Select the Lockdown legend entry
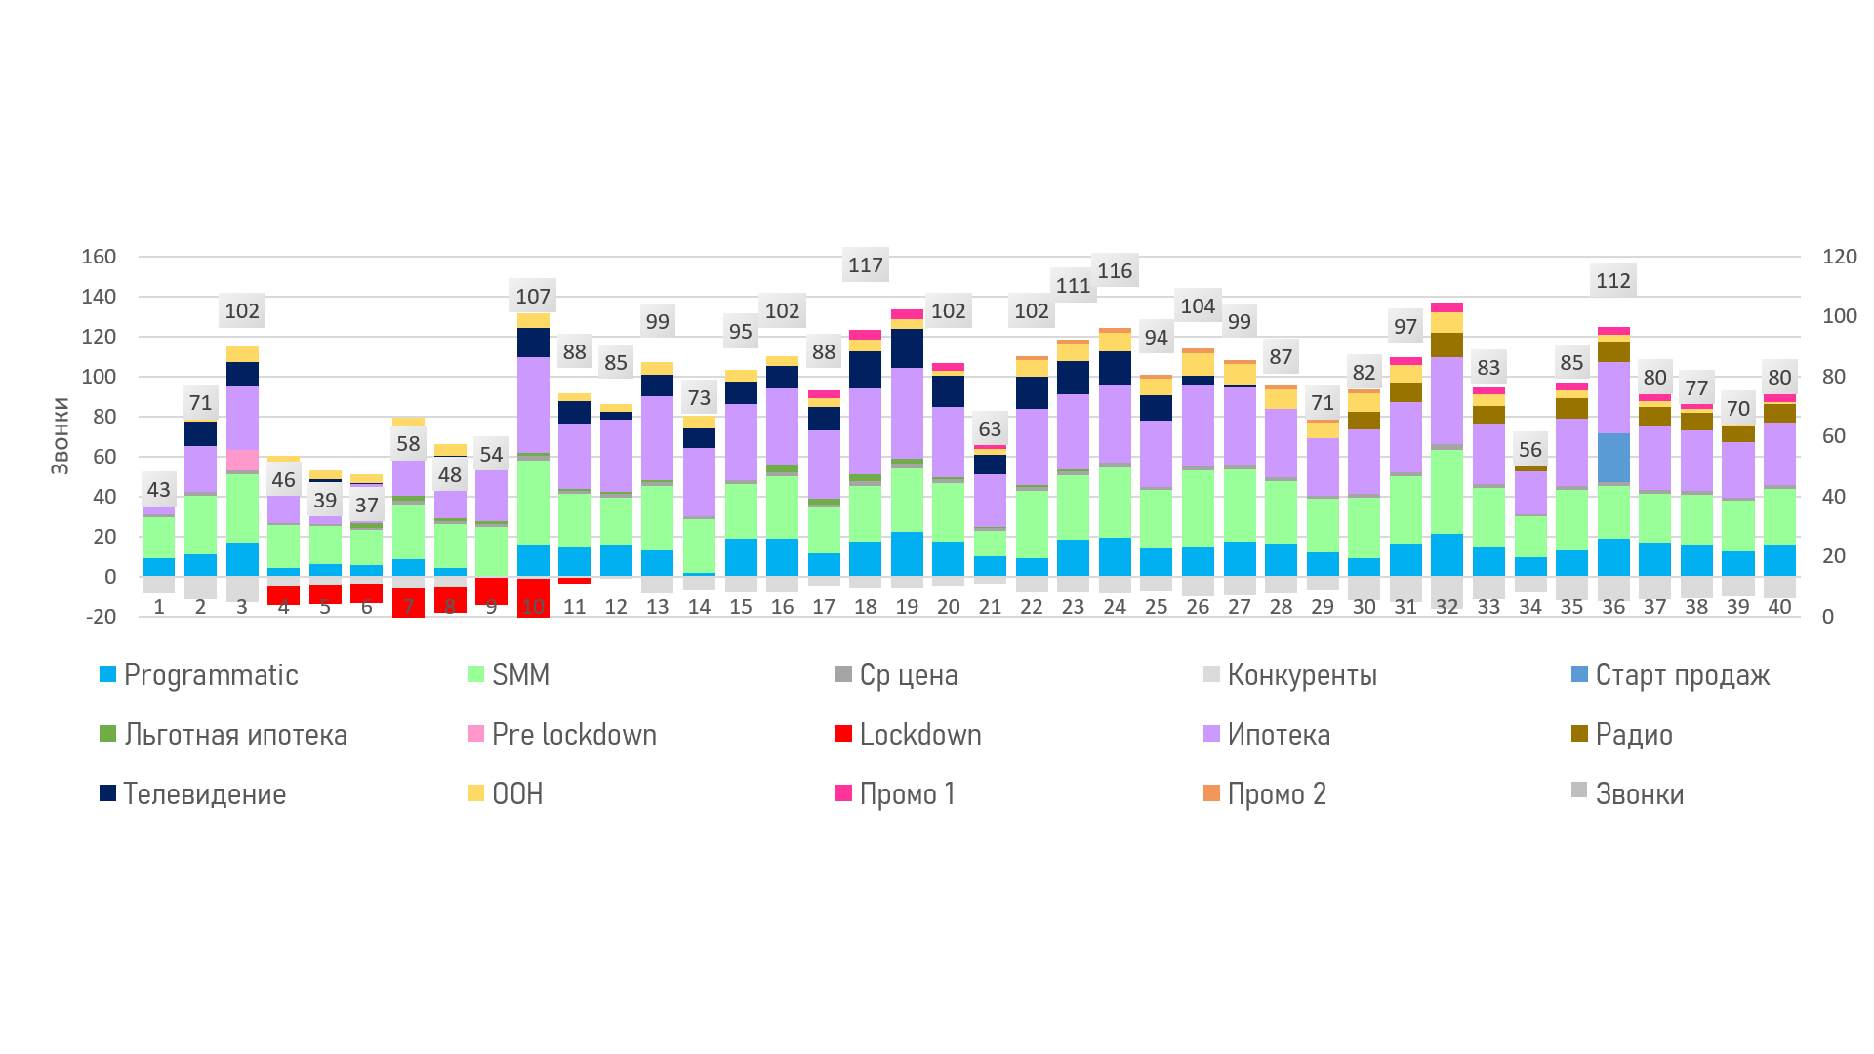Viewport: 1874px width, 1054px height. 919,735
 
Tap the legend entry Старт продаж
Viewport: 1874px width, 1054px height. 1682,675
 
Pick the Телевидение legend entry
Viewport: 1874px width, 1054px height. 204,794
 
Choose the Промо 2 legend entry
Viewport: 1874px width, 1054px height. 1277,794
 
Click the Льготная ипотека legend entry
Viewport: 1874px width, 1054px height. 235,735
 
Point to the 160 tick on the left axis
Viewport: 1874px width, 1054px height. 99,257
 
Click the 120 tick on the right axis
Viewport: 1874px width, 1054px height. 1839,257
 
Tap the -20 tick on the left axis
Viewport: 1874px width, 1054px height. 101,617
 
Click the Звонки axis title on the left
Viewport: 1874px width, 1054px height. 61,436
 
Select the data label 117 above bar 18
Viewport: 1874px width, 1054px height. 865,265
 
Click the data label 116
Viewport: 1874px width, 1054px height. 1115,271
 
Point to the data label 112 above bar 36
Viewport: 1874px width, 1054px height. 1612,281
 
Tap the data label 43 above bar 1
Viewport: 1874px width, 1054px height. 158,490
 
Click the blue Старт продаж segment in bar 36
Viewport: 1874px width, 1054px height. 1613,457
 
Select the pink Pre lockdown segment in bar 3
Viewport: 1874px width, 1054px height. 242,461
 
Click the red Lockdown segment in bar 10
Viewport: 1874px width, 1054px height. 533,597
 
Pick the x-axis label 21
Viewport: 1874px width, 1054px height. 990,607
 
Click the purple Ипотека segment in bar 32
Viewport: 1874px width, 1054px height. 1446,400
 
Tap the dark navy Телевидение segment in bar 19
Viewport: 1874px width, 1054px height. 907,348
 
